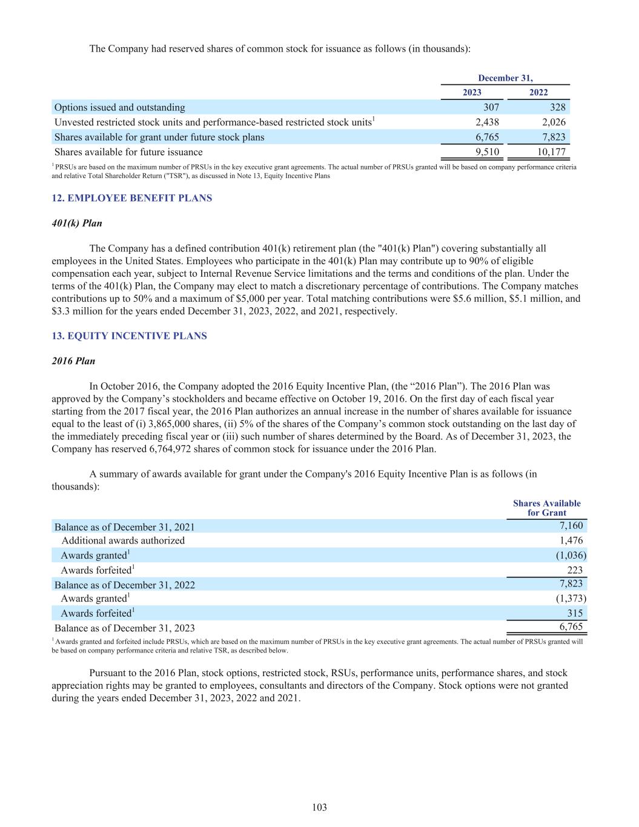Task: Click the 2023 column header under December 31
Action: click(472, 92)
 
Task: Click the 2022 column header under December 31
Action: click(538, 92)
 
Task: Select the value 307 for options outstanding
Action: click(491, 107)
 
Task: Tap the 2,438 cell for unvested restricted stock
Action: click(487, 122)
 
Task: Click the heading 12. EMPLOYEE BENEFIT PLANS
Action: click(132, 198)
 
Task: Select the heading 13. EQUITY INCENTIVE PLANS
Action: click(129, 336)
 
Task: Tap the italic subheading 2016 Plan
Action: click(73, 360)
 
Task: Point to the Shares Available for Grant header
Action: click(546, 508)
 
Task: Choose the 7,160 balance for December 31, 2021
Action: click(571, 525)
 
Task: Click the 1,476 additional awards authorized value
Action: click(571, 540)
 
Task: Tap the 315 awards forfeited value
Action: click(575, 613)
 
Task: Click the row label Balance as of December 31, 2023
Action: click(125, 628)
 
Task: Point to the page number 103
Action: click(319, 807)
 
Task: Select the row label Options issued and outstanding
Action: click(120, 107)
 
